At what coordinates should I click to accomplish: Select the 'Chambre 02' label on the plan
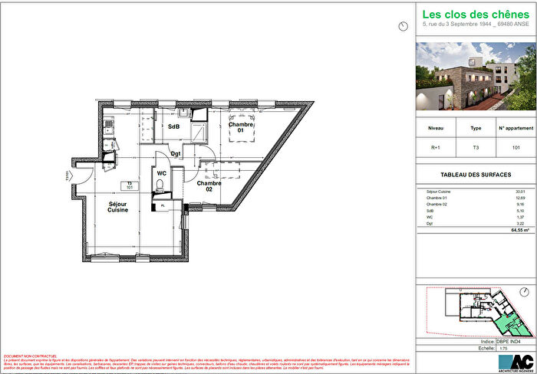209,186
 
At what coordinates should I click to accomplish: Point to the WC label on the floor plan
162,174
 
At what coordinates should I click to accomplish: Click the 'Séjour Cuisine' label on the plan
117,207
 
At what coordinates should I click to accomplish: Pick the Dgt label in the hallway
176,153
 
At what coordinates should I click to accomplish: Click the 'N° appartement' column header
515,130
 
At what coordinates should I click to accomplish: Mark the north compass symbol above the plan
404,26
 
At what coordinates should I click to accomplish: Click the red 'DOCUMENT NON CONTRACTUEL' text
31,356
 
